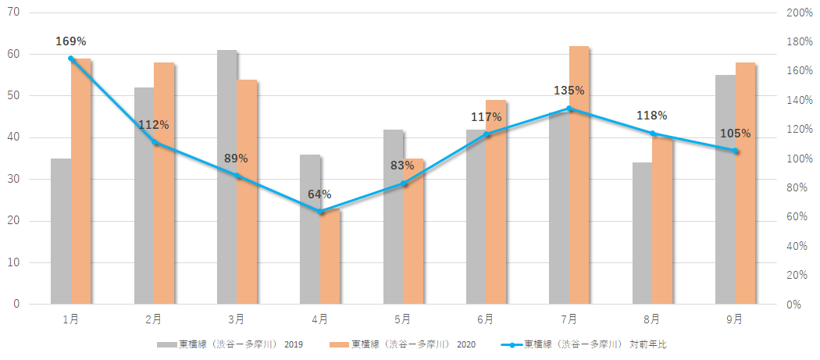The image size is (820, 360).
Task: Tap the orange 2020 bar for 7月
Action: [579, 175]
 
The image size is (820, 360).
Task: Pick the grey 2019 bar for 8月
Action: [643, 233]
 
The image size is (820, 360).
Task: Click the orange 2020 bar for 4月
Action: [330, 257]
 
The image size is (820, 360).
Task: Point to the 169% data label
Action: [70, 41]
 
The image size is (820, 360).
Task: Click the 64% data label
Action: [319, 194]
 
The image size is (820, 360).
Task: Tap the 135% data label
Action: [569, 91]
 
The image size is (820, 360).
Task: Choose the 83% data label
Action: [403, 166]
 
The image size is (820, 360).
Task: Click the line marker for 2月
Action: [155, 142]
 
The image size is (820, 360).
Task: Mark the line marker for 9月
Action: [735, 151]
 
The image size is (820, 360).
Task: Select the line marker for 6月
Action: [486, 134]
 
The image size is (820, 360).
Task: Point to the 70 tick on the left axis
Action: [13, 13]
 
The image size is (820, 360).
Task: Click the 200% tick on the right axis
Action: [800, 13]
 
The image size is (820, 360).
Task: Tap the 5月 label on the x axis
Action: [403, 319]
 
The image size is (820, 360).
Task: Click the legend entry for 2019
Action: [230, 344]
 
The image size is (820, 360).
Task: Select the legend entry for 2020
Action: [402, 344]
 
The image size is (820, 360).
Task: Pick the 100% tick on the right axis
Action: [800, 159]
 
